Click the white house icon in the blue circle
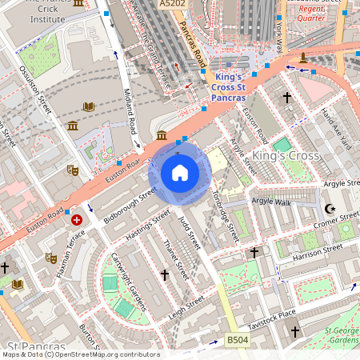click(180, 172)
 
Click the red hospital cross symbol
click(77, 219)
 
